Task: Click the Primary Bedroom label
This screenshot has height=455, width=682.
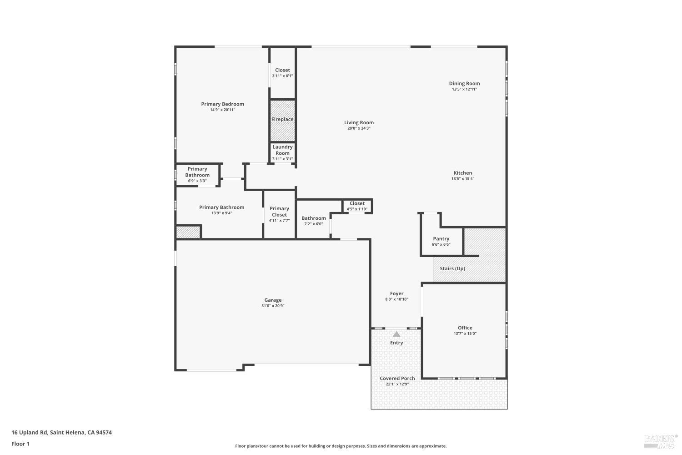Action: [x=222, y=104]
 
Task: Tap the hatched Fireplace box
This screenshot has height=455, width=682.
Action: [x=282, y=120]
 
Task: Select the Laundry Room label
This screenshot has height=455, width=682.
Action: [x=282, y=150]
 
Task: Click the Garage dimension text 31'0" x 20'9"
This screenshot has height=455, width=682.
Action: [x=273, y=306]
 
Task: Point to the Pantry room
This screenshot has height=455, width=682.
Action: [x=441, y=241]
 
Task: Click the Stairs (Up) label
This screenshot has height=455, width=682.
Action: [x=452, y=268]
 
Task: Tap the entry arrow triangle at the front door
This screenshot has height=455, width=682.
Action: [x=396, y=334]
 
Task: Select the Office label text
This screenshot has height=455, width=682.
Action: [x=465, y=328]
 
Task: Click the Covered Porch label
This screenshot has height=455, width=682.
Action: [x=397, y=378]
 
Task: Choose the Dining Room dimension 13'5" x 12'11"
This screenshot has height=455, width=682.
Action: [x=464, y=89]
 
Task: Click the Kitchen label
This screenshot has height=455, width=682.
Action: [x=462, y=173]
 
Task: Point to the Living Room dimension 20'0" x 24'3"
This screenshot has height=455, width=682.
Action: [x=359, y=128]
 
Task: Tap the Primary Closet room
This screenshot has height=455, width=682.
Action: [x=279, y=214]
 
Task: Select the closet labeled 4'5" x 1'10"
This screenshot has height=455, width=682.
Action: [x=357, y=206]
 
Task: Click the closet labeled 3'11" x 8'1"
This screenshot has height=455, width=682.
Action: [x=282, y=73]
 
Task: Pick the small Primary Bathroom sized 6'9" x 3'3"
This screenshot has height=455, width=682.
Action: [x=197, y=175]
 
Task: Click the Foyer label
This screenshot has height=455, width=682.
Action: [x=396, y=293]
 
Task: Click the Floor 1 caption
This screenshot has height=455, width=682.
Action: [x=20, y=444]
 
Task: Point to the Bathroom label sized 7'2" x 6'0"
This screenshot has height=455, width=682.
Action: [x=313, y=218]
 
